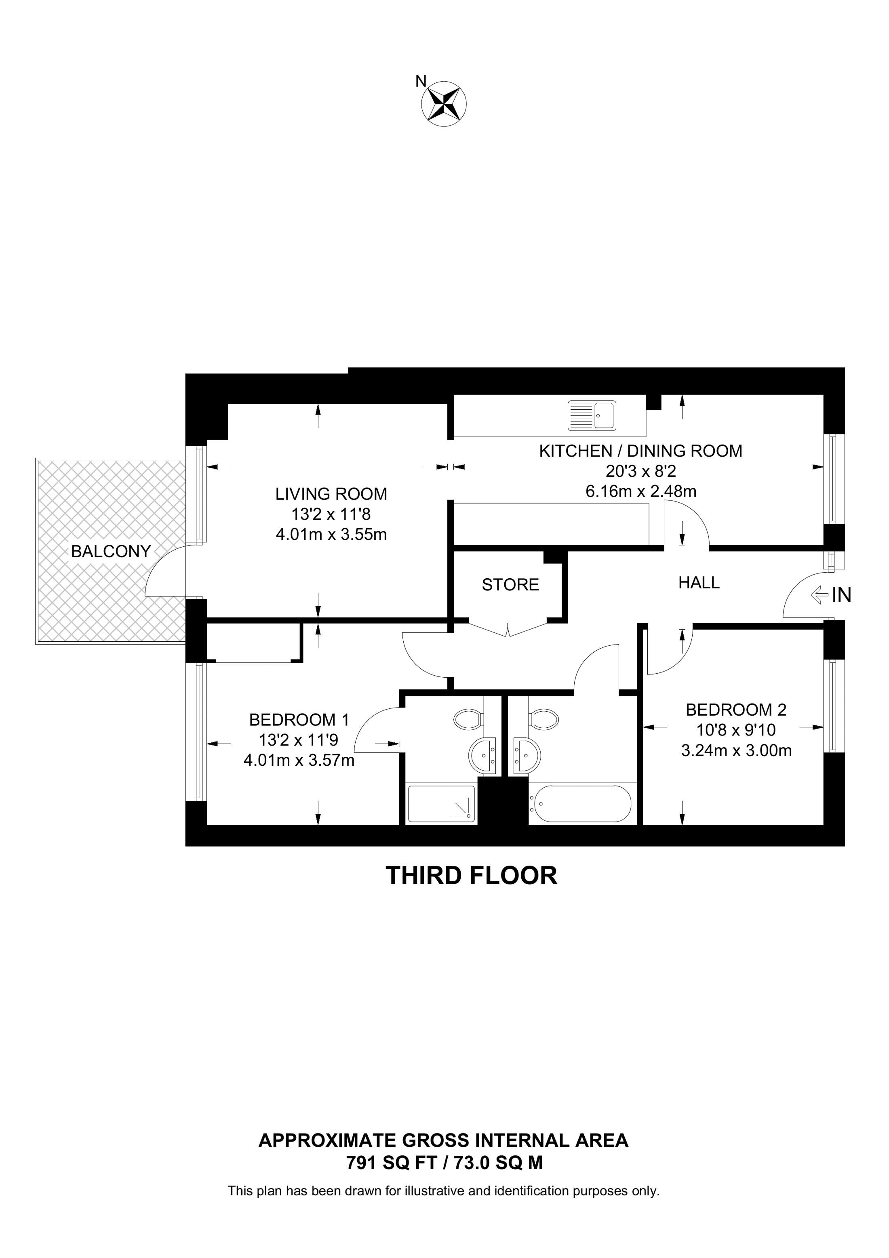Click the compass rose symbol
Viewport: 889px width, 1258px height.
click(x=444, y=103)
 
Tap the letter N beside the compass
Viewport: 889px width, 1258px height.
click(x=421, y=82)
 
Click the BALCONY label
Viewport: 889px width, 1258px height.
click(x=111, y=551)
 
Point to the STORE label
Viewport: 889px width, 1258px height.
click(x=510, y=585)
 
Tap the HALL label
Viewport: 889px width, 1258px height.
click(x=699, y=582)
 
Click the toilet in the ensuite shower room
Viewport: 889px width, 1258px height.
click(x=468, y=719)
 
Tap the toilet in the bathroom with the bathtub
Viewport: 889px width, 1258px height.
click(x=544, y=719)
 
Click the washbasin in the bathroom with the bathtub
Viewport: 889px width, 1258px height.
click(x=527, y=756)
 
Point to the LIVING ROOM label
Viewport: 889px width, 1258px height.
click(x=331, y=494)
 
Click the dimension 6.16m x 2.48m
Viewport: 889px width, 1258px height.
click(x=641, y=491)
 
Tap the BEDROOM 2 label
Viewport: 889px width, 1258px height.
click(x=736, y=710)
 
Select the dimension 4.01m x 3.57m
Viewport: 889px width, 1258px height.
click(x=299, y=761)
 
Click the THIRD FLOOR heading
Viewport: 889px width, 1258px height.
click(x=472, y=876)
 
